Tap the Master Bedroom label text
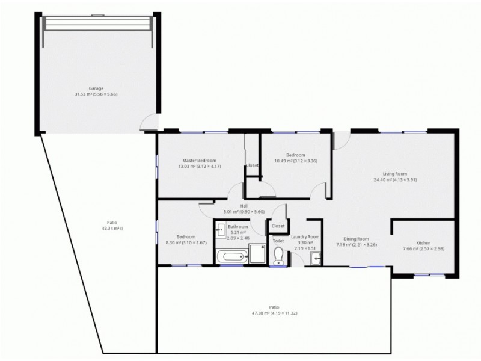point(199,161)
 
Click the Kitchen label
point(423,243)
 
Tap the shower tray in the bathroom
point(257,254)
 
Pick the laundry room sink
point(316,259)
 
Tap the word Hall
point(244,206)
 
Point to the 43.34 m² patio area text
point(112,229)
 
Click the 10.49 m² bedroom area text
point(295,161)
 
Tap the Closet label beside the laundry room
point(278,226)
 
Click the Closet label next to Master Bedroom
point(252,165)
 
